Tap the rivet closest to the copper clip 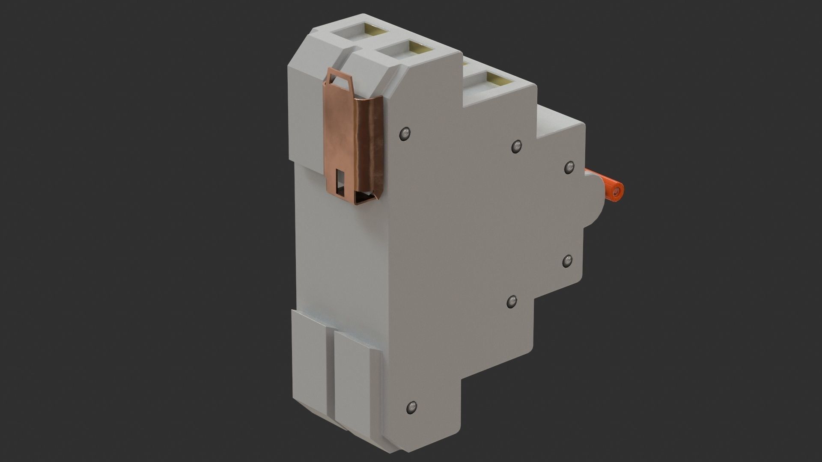point(405,134)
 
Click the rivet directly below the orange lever point(567,260)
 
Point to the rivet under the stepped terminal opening point(517,146)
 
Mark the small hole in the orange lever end point(616,193)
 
